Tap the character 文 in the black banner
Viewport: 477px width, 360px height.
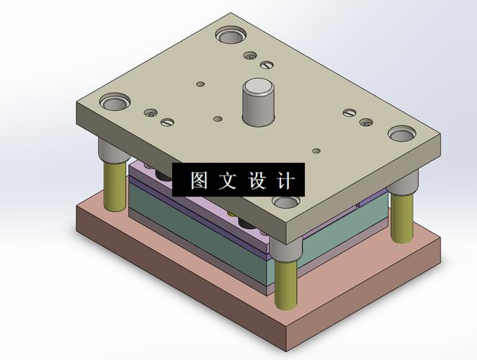[x=228, y=181]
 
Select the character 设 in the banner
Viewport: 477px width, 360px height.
[x=257, y=181]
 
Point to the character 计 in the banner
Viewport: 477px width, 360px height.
[x=285, y=181]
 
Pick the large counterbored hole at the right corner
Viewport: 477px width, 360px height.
[x=402, y=133]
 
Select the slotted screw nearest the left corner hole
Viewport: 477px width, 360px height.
[x=167, y=122]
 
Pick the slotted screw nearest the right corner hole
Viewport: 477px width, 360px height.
[x=349, y=112]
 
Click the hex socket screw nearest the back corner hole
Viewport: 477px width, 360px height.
[x=249, y=55]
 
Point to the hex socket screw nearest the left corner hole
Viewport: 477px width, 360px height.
[x=151, y=112]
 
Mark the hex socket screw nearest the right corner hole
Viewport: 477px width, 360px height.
[x=365, y=122]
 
